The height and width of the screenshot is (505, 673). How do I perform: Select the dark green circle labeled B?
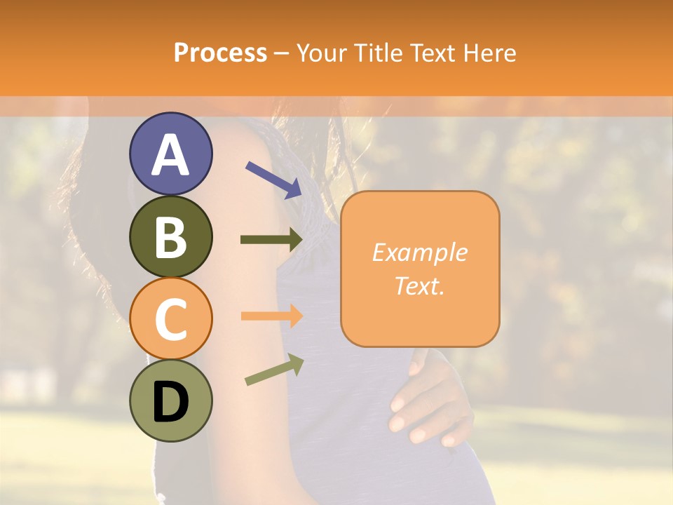click(170, 236)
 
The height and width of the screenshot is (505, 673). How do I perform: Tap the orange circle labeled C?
click(170, 319)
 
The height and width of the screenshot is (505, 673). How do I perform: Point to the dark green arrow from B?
click(272, 240)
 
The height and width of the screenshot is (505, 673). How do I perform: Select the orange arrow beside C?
click(272, 316)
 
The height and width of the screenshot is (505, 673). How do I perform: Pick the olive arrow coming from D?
click(274, 370)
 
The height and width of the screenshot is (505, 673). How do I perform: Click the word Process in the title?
click(220, 53)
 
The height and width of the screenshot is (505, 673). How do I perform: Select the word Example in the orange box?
click(419, 252)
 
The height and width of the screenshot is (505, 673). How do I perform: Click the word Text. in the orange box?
click(419, 285)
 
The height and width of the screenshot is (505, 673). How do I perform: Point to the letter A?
click(170, 154)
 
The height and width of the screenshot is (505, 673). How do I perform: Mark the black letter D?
click(170, 403)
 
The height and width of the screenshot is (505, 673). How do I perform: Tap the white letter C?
click(170, 319)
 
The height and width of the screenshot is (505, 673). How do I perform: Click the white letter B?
click(170, 236)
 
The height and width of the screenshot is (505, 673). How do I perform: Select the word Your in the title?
click(322, 53)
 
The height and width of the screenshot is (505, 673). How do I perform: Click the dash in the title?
click(281, 54)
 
